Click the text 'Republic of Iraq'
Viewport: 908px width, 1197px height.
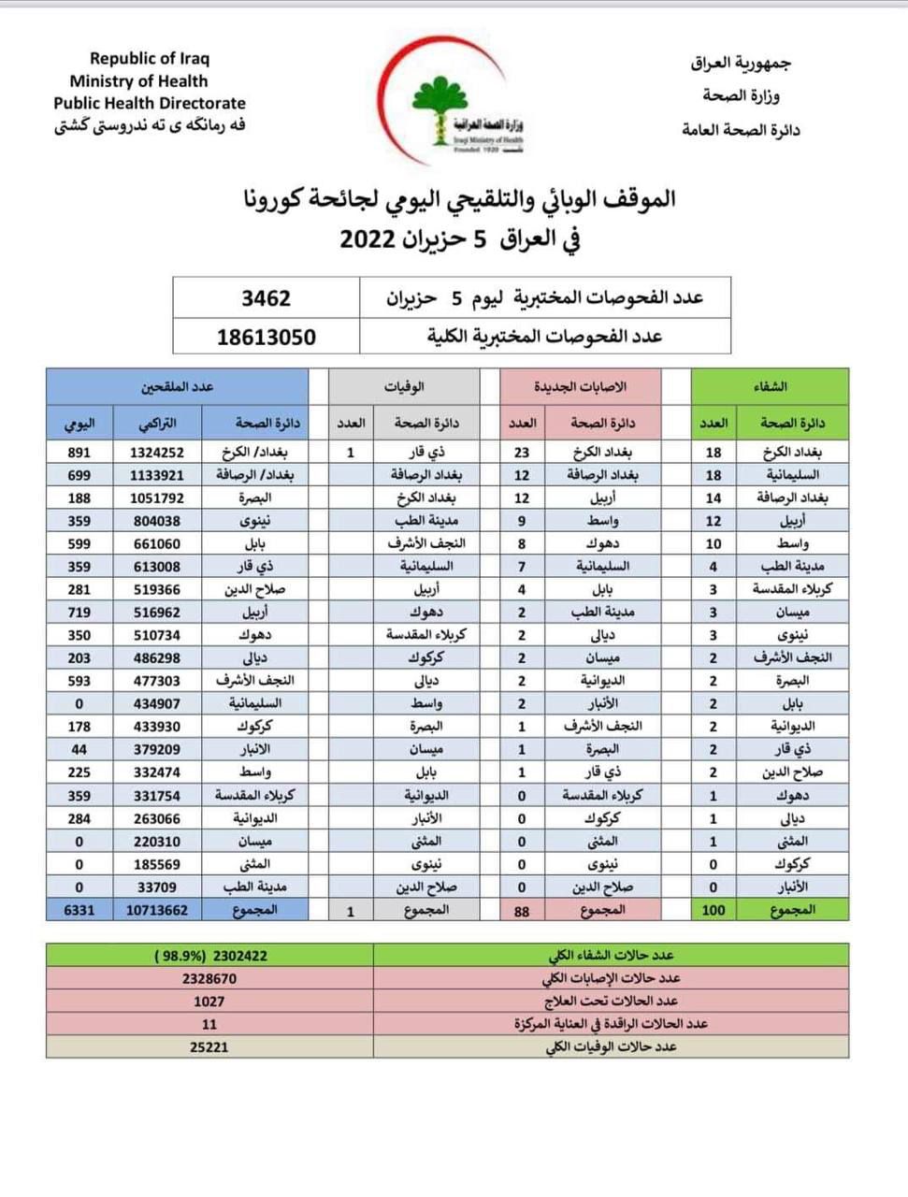[x=150, y=58]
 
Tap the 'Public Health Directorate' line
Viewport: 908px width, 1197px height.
[x=150, y=103]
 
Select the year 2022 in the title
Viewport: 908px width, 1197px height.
[x=371, y=238]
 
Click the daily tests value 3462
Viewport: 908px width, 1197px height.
[x=266, y=298]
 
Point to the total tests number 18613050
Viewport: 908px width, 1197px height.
[x=266, y=337]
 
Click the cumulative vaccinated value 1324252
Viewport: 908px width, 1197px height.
[x=157, y=452]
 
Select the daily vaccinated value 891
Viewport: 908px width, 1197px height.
[x=79, y=452]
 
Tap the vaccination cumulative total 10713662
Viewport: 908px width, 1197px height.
[x=157, y=909]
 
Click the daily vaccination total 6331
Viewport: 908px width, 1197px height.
[x=79, y=909]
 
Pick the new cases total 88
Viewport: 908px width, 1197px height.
[x=522, y=910]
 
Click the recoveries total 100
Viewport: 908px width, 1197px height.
[x=713, y=909]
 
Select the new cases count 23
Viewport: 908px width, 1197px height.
[x=522, y=452]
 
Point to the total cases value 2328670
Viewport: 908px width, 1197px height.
[x=209, y=978]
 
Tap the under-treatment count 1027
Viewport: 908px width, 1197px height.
[x=209, y=1001]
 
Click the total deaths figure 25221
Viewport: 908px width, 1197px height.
[x=209, y=1046]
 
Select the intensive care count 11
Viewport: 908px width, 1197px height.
[x=209, y=1024]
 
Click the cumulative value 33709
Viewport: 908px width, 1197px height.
[x=157, y=887]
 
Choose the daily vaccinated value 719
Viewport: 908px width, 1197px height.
[x=79, y=612]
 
